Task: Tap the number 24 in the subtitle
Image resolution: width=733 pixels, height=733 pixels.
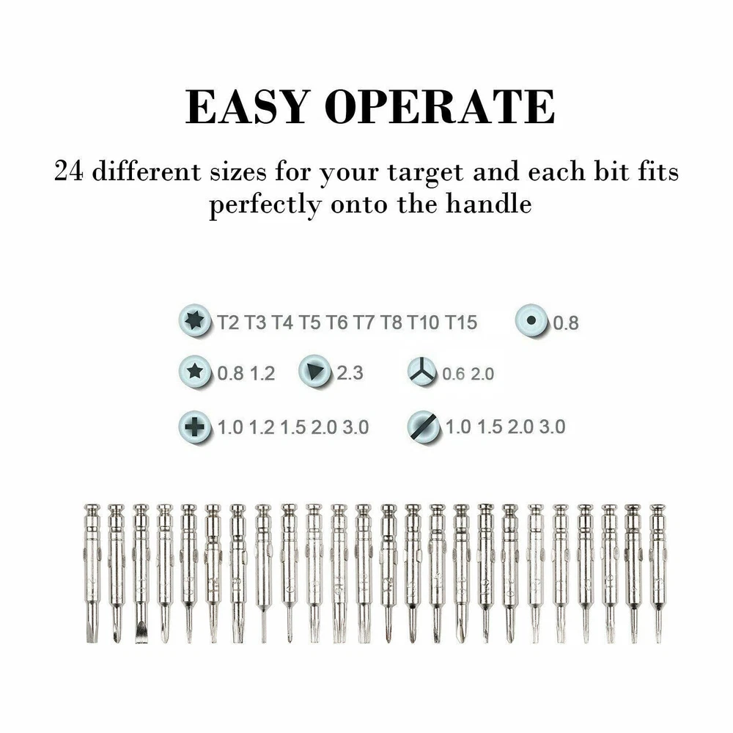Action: (69, 171)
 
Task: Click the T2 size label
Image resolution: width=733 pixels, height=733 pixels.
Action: (228, 323)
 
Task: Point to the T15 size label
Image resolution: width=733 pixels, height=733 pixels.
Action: (460, 323)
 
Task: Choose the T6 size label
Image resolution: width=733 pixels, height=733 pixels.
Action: (336, 323)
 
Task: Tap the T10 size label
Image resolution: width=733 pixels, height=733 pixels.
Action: (423, 323)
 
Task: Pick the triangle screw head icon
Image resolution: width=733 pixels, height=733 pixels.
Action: (315, 372)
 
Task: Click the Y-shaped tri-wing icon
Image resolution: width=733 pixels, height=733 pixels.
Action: (421, 372)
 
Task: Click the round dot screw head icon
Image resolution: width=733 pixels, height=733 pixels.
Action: (531, 320)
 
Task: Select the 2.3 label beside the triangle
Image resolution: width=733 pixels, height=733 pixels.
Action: (350, 373)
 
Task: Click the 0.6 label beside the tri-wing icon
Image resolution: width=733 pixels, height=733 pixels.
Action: (454, 374)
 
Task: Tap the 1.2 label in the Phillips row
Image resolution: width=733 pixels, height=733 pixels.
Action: (262, 427)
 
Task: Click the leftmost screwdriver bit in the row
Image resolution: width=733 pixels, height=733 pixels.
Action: (92, 573)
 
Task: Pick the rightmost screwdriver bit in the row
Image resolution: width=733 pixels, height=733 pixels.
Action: (658, 573)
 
